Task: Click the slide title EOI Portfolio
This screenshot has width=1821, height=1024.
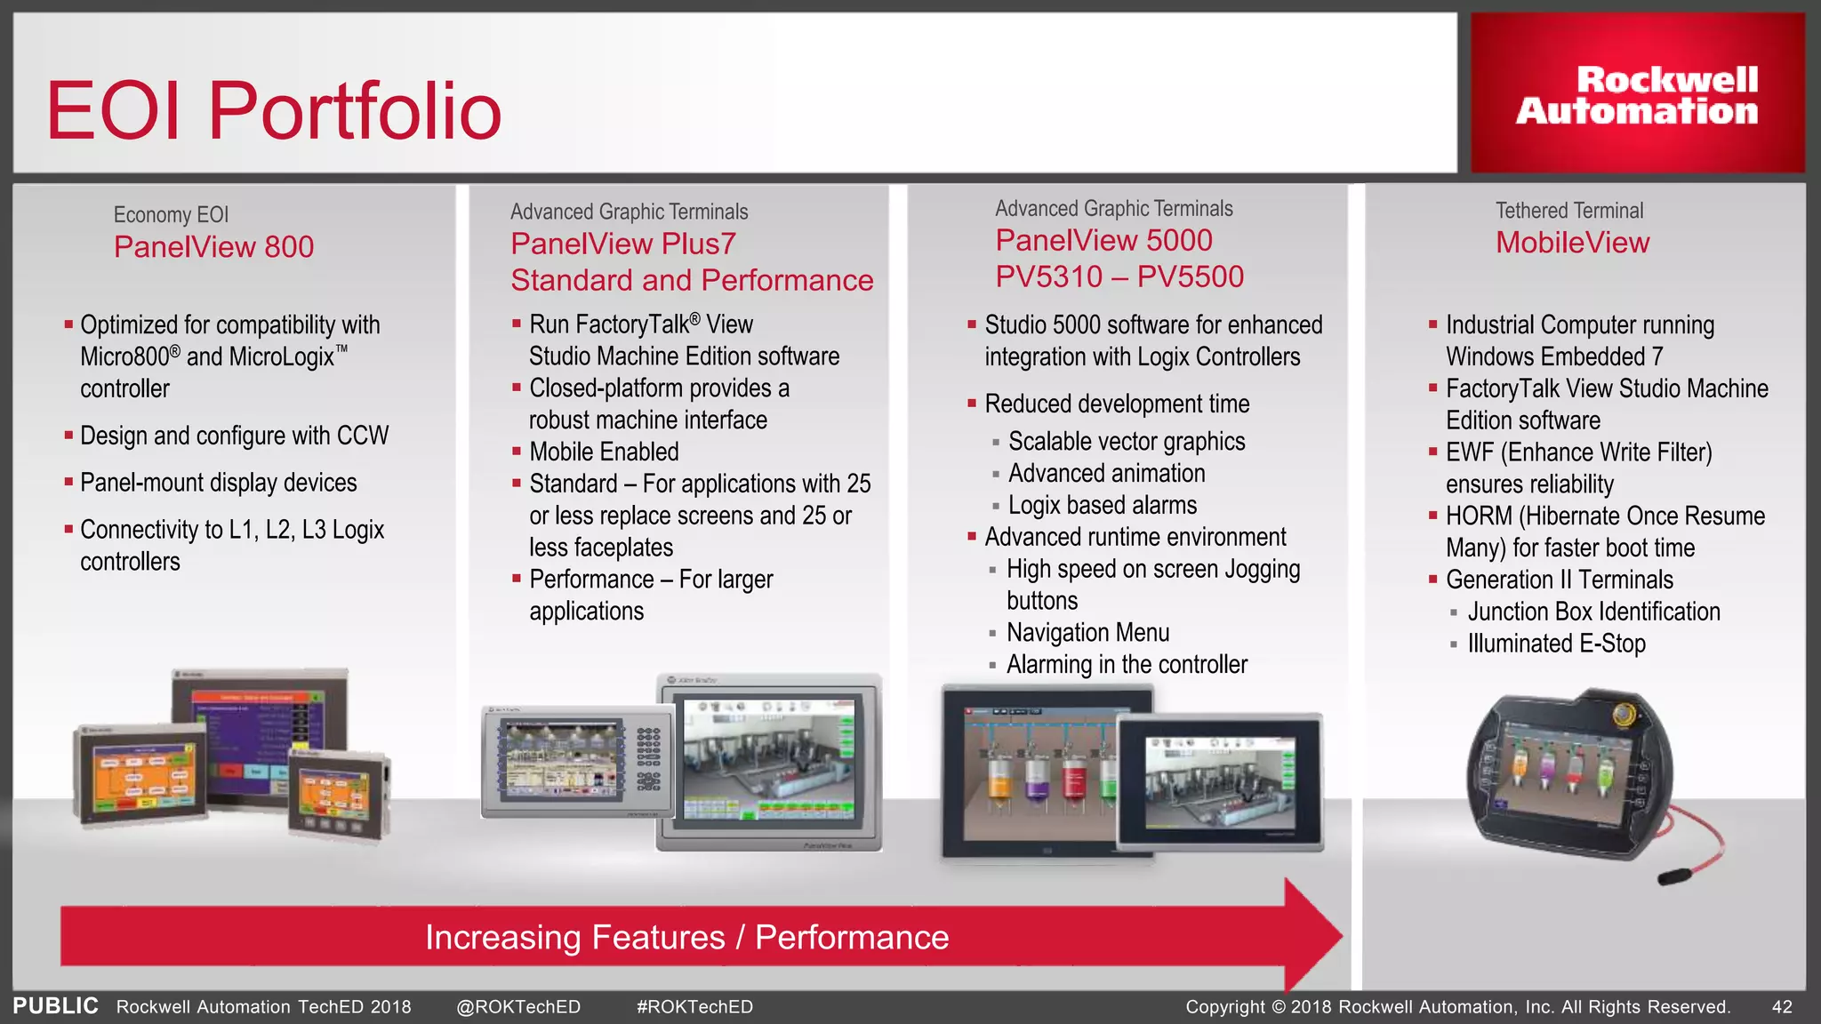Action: point(274,111)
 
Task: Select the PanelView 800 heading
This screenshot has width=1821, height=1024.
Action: point(213,247)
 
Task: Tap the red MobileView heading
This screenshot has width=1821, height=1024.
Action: point(1572,243)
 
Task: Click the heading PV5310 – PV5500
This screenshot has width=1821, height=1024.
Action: point(1119,277)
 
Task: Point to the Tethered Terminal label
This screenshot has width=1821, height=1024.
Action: point(1568,211)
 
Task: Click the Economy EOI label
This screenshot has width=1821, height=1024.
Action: point(171,215)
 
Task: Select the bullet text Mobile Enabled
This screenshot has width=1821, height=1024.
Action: point(604,452)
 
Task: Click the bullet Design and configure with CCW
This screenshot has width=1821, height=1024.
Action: point(234,436)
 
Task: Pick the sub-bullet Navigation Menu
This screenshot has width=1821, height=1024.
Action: point(1087,633)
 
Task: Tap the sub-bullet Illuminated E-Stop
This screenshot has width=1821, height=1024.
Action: point(1556,644)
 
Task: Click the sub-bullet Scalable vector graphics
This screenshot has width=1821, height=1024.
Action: point(1126,442)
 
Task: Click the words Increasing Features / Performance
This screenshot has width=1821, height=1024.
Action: point(686,938)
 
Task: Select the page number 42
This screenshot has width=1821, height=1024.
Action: point(1782,1007)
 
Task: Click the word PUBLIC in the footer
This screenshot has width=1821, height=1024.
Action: point(55,1006)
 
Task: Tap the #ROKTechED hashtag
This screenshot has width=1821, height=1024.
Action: point(694,1007)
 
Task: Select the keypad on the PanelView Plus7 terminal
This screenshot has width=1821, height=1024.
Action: point(648,759)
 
